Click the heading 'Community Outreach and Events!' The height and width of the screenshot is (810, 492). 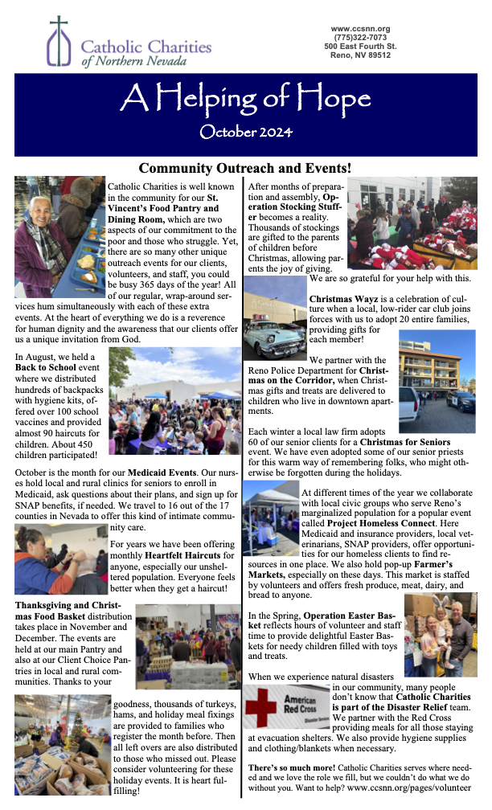point(245,168)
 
